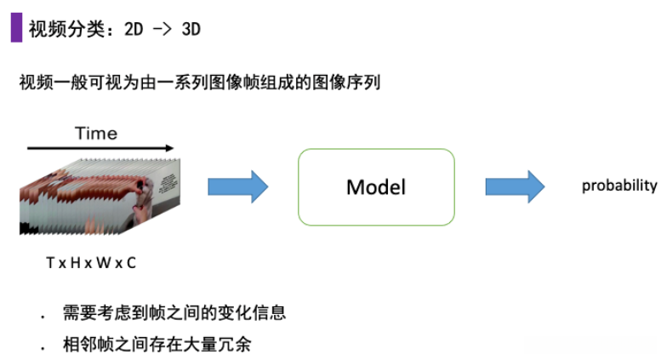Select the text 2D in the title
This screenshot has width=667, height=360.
pos(134,29)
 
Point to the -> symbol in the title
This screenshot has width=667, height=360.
pos(162,29)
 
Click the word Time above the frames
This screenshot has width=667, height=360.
pos(95,133)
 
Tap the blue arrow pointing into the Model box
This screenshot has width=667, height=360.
pos(237,186)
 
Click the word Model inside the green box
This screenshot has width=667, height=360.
pos(375,187)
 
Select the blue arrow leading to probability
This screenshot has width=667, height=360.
pos(515,186)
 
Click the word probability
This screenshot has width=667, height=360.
pos(619,186)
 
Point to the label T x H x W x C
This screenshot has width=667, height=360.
pos(91,263)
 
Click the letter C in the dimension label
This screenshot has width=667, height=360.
pos(131,263)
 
